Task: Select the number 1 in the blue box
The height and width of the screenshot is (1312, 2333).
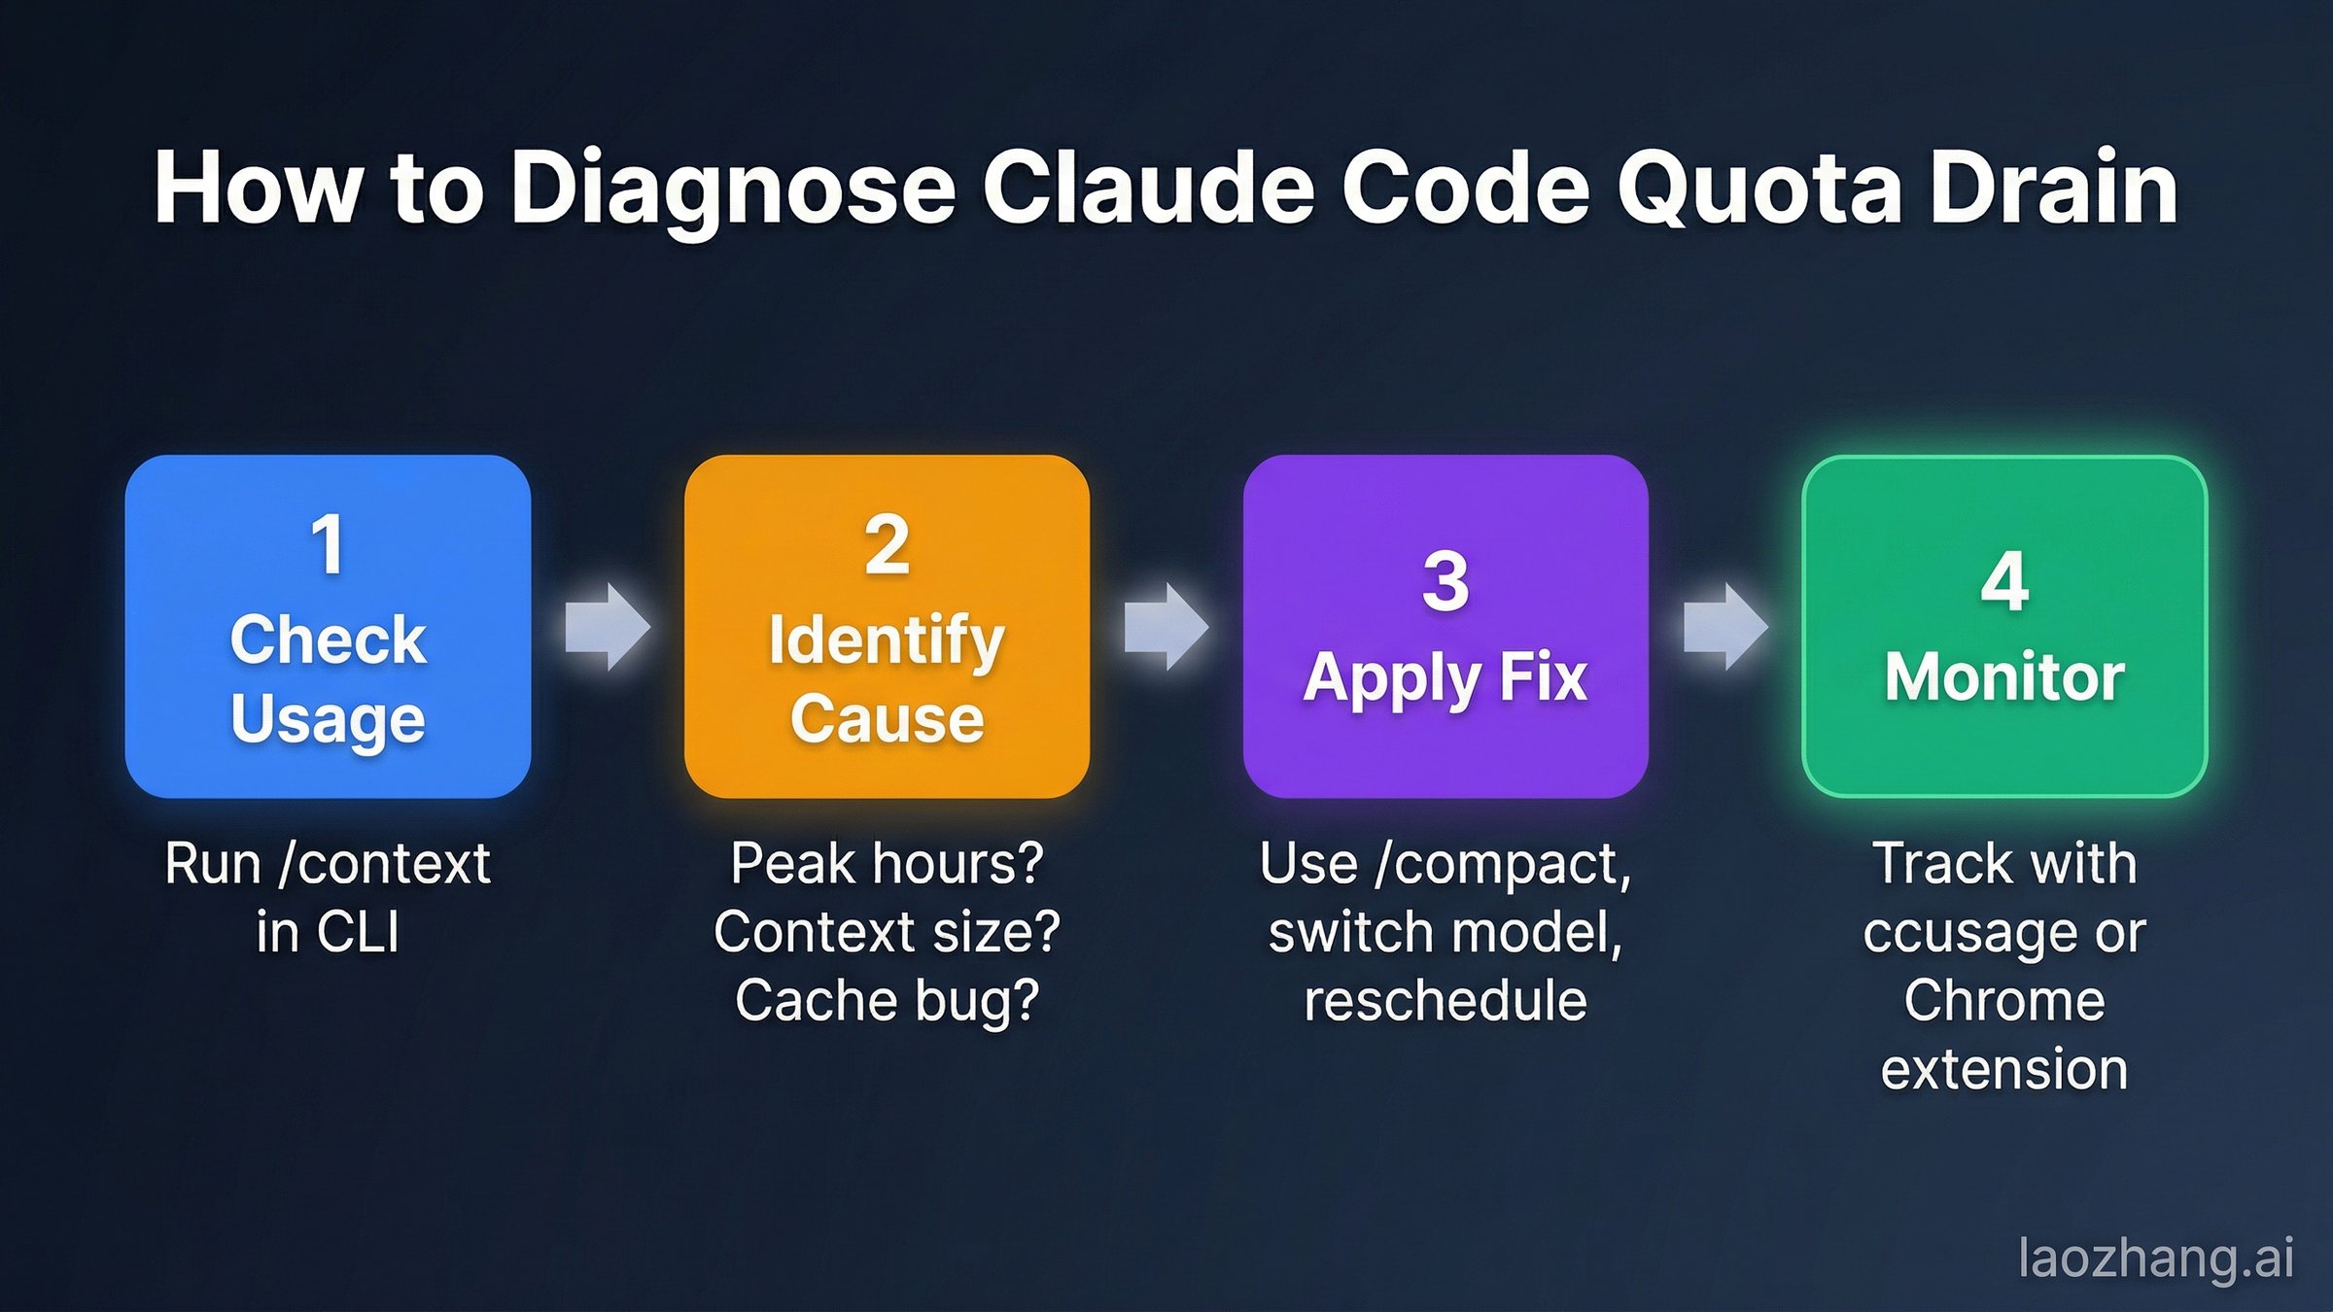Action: (328, 545)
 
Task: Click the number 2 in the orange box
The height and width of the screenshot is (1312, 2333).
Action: (887, 545)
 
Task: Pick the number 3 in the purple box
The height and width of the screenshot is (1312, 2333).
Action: (1445, 582)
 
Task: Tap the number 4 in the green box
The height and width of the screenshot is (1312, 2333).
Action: (2004, 582)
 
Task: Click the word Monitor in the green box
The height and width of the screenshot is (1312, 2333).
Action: (2004, 676)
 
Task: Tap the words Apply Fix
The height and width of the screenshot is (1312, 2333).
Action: (1445, 677)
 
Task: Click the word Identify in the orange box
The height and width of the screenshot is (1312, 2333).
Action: (887, 641)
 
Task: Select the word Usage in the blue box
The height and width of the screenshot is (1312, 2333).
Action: (328, 719)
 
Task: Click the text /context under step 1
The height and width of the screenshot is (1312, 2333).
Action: (385, 863)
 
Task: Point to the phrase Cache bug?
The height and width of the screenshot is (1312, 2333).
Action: (887, 1000)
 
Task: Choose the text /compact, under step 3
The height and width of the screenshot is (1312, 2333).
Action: (1503, 863)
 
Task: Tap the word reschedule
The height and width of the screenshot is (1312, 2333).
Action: (1445, 1000)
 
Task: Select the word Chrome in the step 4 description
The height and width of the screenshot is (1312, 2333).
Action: (2004, 1000)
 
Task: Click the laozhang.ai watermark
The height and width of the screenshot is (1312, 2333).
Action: (2156, 1258)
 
